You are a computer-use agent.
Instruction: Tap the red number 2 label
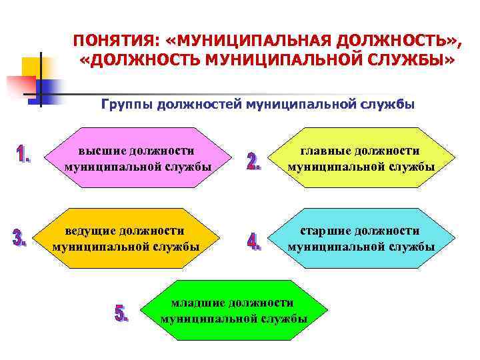(x=254, y=162)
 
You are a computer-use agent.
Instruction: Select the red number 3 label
(x=20, y=238)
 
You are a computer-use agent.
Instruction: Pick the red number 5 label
(x=122, y=313)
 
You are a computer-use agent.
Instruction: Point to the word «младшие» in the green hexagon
(x=199, y=303)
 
